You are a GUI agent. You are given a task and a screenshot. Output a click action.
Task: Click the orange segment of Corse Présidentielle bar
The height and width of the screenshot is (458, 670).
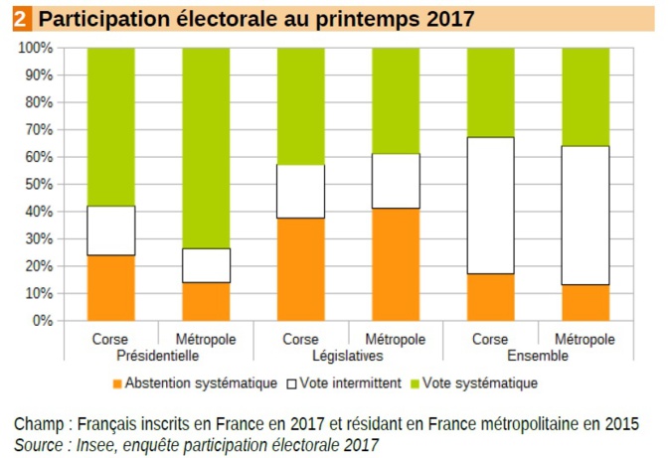click(x=111, y=287)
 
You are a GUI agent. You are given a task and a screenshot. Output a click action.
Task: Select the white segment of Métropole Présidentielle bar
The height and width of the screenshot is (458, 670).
click(x=206, y=265)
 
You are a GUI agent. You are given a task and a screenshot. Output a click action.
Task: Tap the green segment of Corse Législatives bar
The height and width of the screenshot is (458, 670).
click(x=301, y=105)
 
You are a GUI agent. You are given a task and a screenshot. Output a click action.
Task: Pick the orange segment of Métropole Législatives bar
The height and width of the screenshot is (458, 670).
click(x=396, y=263)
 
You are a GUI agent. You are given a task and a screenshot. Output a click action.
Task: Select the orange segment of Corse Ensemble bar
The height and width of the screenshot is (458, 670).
click(x=491, y=296)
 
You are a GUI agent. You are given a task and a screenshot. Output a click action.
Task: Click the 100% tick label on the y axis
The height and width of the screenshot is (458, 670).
click(x=35, y=48)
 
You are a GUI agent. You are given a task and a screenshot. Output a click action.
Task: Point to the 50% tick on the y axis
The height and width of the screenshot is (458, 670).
click(x=38, y=184)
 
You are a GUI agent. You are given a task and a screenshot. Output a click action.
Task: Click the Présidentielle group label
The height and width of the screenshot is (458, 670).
click(x=159, y=356)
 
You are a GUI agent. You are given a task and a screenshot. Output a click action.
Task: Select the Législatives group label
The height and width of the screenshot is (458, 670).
click(x=348, y=356)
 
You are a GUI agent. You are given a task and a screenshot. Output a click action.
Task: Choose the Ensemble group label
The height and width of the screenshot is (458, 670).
click(x=538, y=356)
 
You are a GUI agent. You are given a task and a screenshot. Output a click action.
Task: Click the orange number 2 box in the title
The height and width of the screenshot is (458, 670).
click(x=22, y=18)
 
